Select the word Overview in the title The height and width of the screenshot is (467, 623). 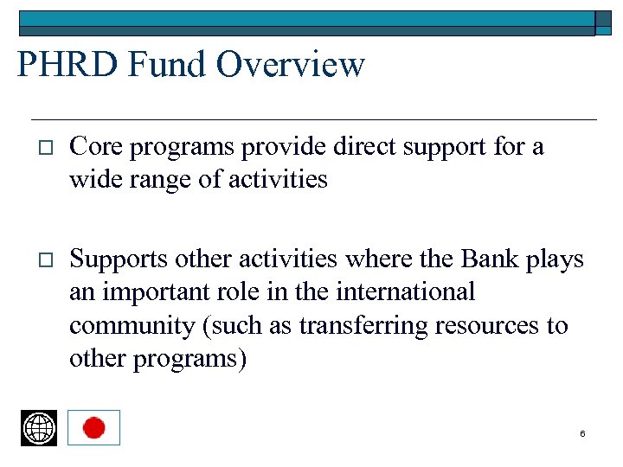coord(291,65)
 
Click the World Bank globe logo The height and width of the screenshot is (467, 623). coord(39,428)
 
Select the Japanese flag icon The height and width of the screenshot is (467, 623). coord(93,427)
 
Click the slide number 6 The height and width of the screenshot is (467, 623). coord(582,433)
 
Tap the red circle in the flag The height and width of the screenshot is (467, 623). coord(93,427)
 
